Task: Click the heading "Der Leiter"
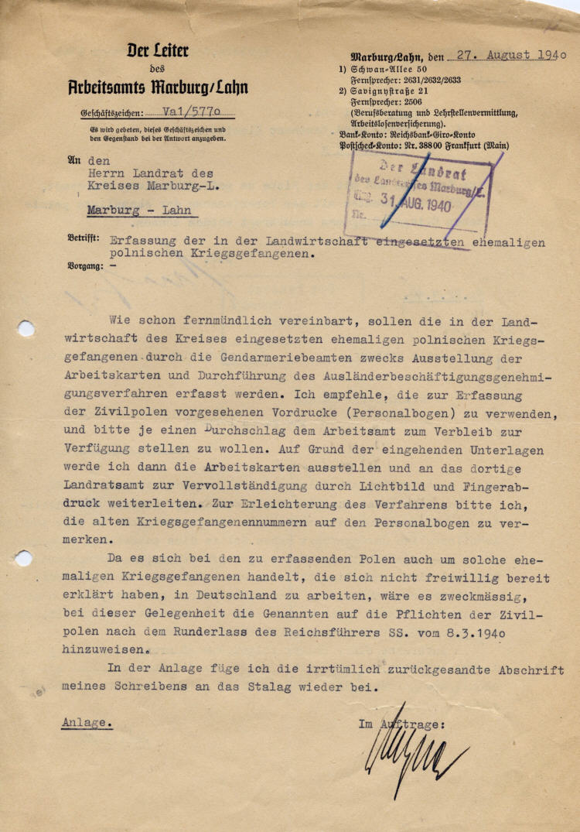[x=158, y=52]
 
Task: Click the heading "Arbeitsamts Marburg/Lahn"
[x=158, y=87]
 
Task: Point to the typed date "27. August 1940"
[x=510, y=56]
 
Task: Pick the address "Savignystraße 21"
[x=393, y=91]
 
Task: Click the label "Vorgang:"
[x=85, y=265]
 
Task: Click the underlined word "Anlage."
[x=87, y=722]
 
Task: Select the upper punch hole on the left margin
[x=26, y=329]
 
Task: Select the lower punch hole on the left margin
[x=24, y=558]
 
